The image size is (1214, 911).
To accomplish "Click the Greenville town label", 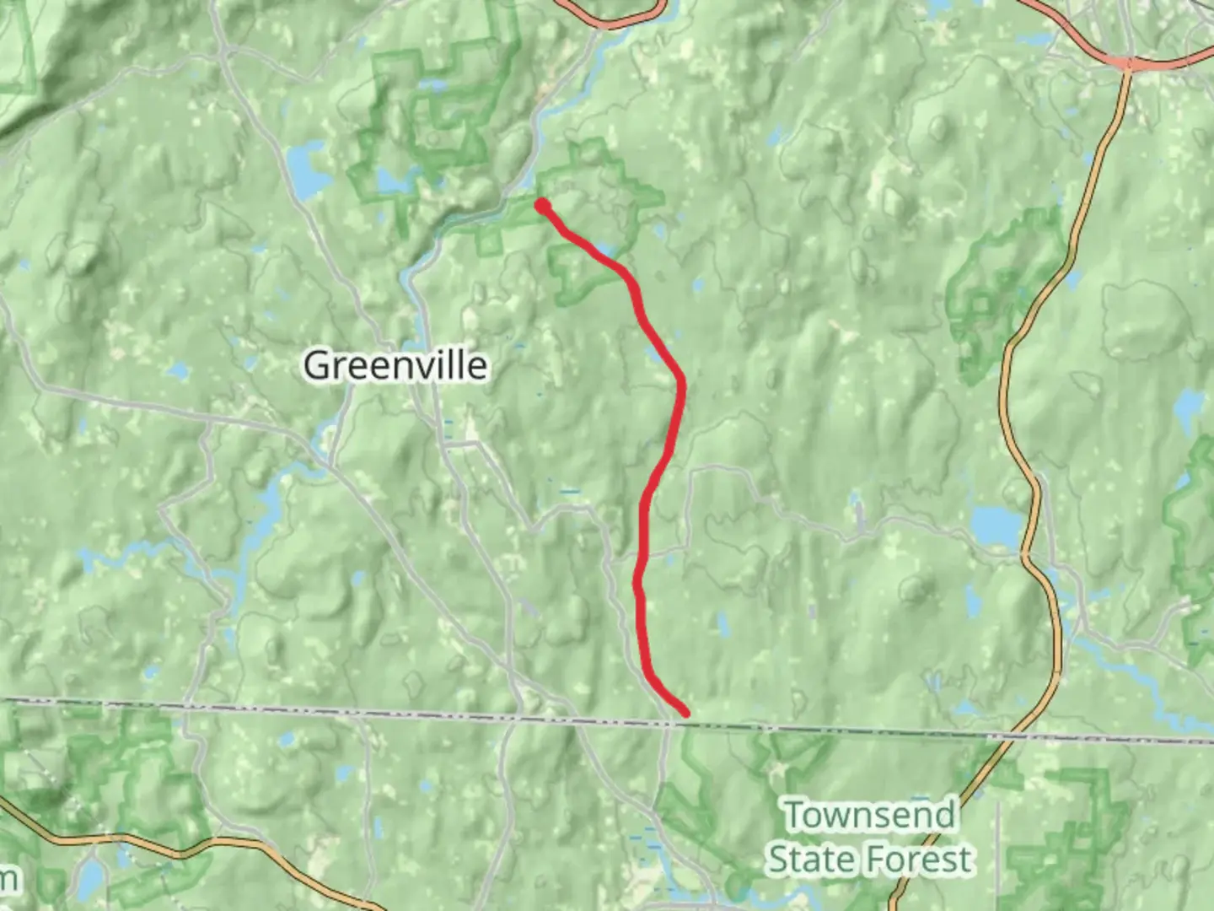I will tap(395, 366).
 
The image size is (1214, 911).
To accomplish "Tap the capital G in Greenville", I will tap(315, 366).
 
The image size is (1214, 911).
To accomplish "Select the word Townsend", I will tap(870, 816).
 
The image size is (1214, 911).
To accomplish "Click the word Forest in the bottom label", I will tap(921, 860).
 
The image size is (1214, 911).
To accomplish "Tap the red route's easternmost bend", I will tap(680, 385).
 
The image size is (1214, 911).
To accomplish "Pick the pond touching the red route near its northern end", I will tap(604, 250).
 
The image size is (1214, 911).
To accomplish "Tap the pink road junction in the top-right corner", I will tap(1125, 62).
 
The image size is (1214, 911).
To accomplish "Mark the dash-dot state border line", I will tap(337, 711).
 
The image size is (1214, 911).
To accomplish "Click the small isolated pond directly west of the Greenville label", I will tap(178, 370).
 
